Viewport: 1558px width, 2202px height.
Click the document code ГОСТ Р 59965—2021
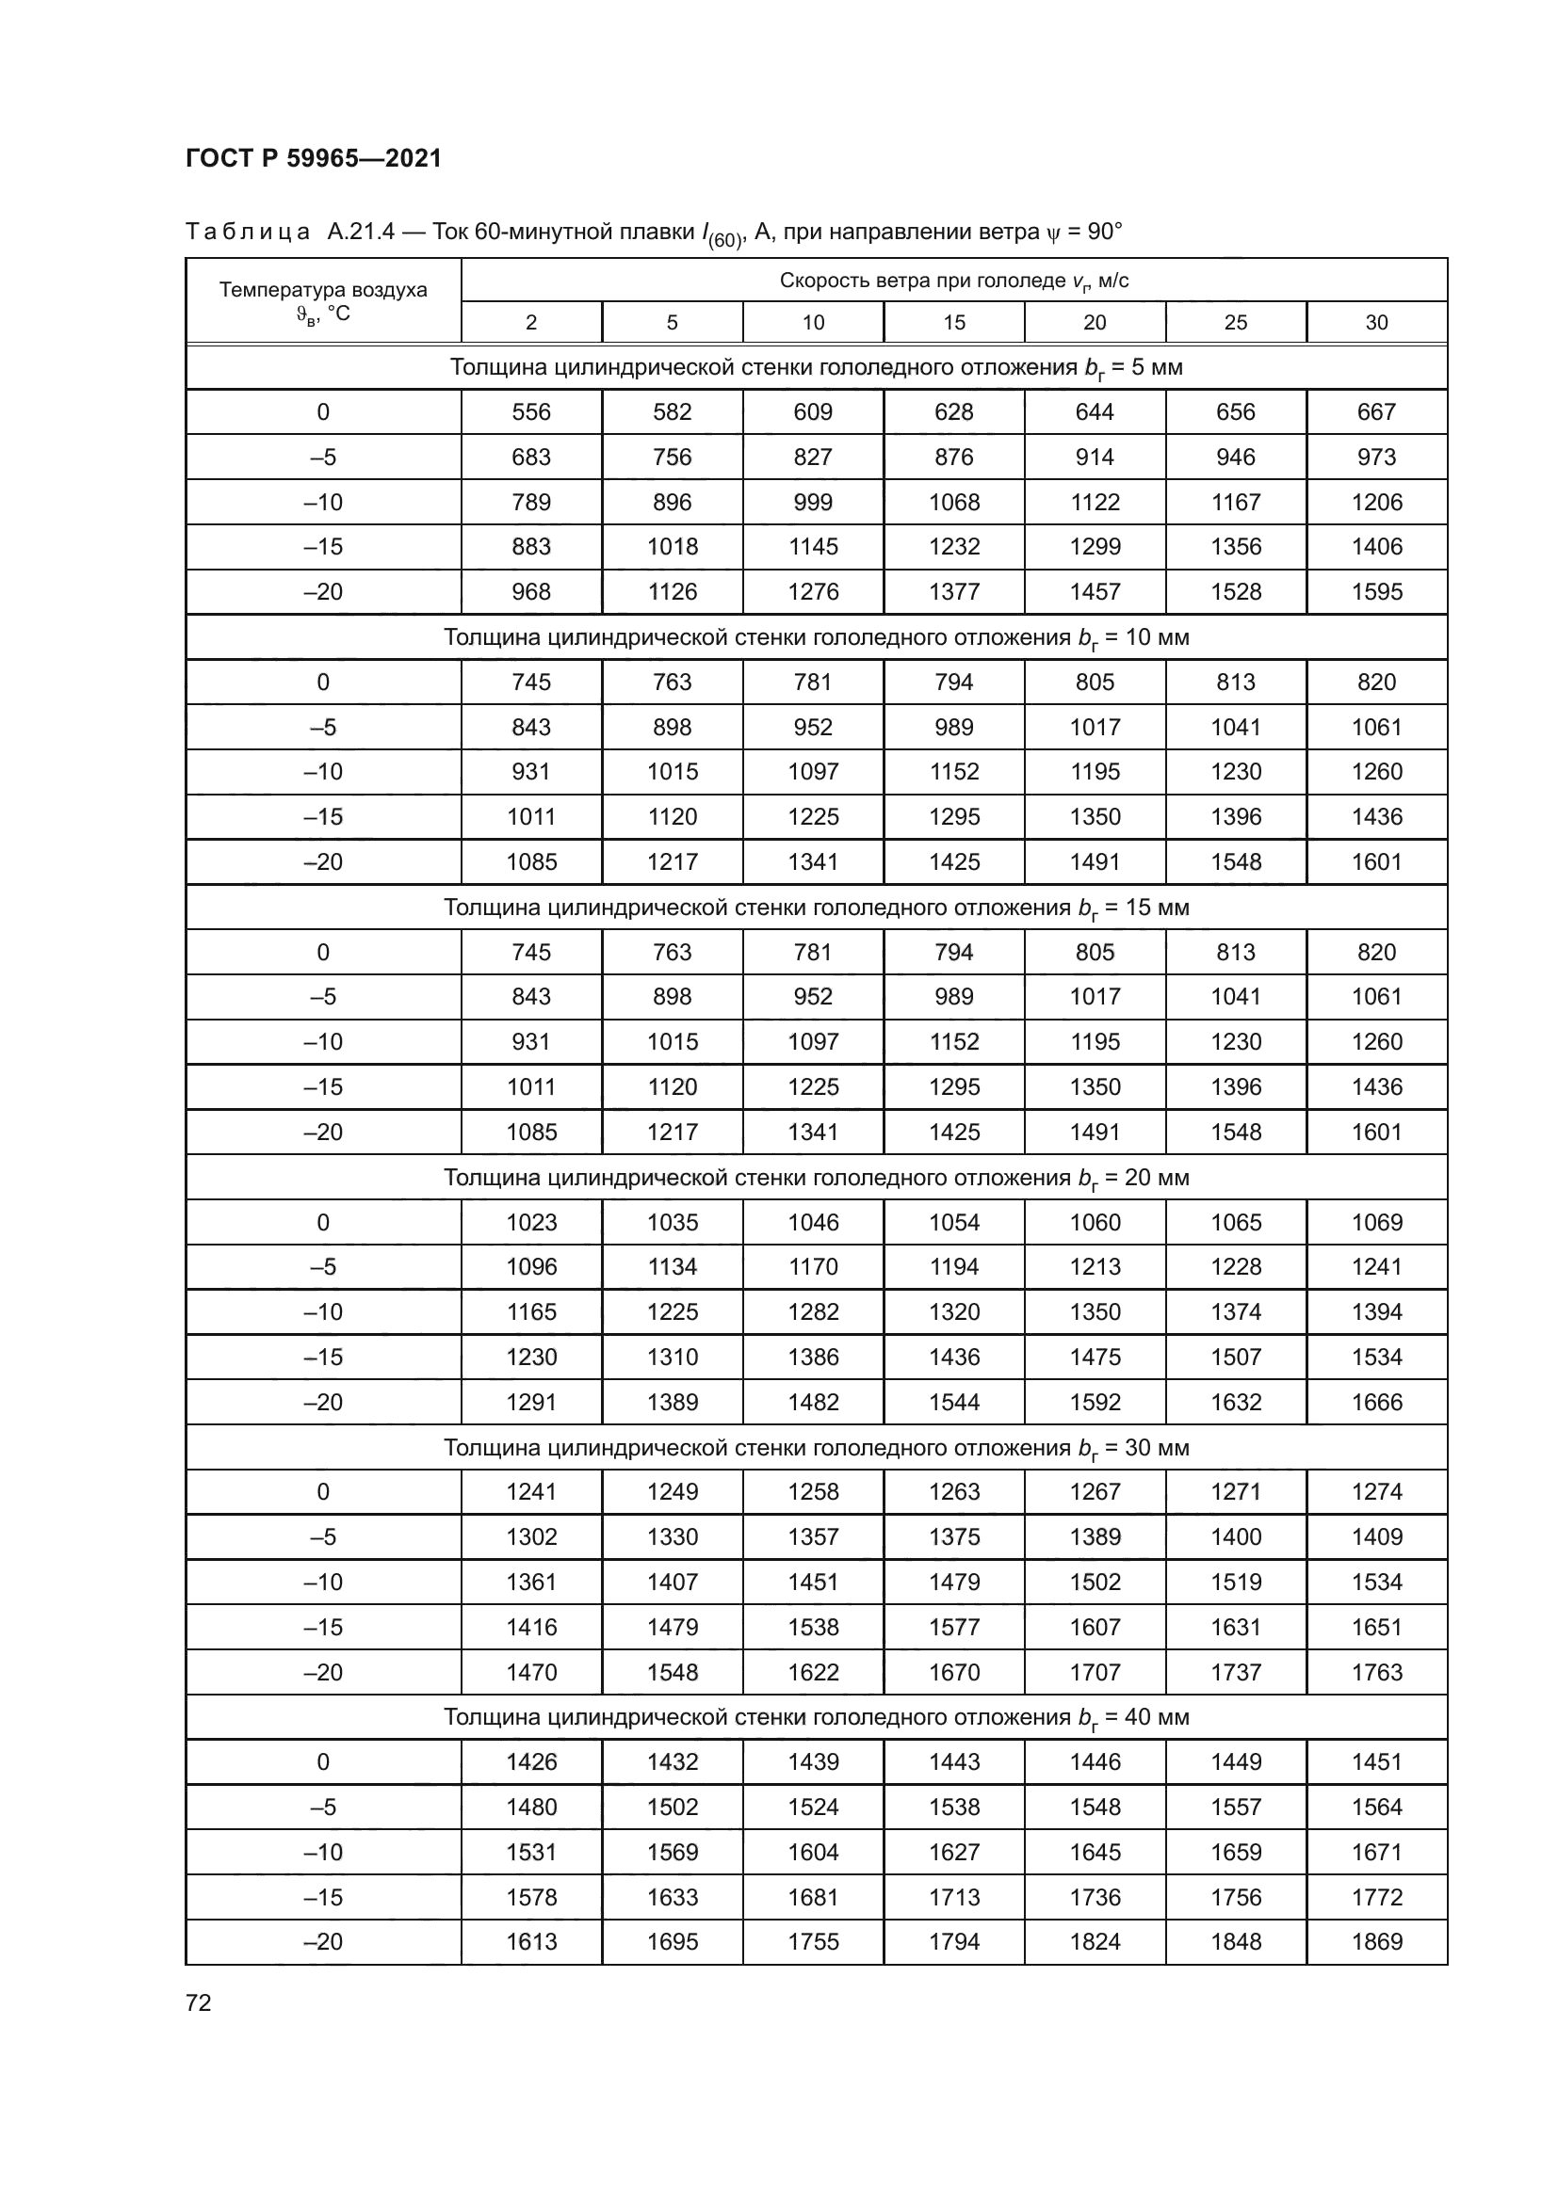point(314,158)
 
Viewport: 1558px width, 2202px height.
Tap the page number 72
point(199,2002)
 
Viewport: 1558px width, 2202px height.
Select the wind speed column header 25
point(1235,322)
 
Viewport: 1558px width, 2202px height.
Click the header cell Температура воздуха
point(323,290)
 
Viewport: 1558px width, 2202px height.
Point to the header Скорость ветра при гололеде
point(953,281)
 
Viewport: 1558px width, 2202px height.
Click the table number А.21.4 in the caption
point(361,233)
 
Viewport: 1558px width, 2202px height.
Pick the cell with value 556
point(530,412)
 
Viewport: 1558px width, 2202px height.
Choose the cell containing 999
point(813,503)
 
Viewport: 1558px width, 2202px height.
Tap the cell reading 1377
point(953,592)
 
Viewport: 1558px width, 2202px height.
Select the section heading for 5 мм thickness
point(816,367)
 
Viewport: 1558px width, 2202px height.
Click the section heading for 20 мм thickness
point(816,1178)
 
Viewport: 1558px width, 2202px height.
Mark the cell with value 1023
point(530,1223)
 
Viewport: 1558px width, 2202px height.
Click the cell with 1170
point(813,1267)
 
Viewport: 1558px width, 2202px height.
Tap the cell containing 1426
point(530,1761)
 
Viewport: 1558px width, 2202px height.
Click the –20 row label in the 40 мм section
point(323,1942)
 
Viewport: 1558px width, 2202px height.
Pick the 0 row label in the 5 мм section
point(323,412)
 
